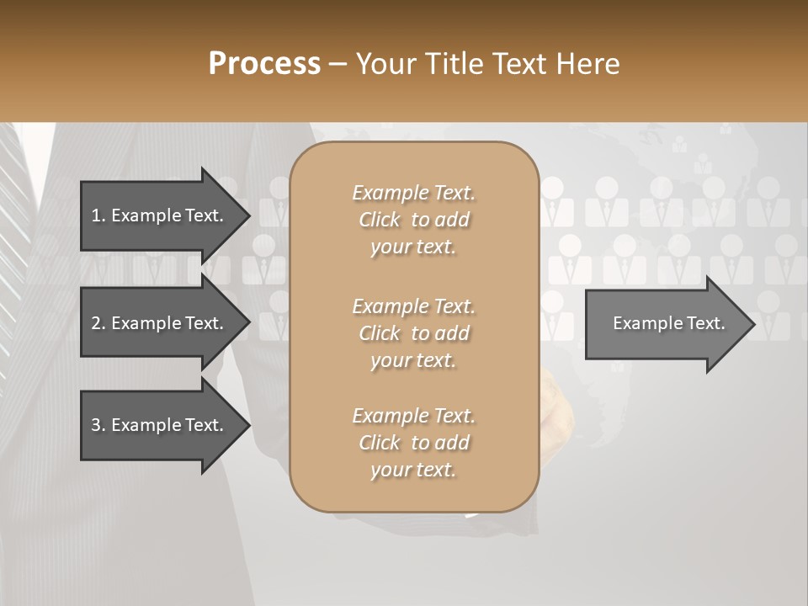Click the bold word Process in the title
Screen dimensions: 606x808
264,63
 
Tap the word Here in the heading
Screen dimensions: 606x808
588,63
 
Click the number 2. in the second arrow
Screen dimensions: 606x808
98,323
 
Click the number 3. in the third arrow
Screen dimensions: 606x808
98,425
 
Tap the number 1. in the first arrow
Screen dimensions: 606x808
98,215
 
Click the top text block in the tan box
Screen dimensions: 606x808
413,220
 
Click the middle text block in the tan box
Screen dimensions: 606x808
413,332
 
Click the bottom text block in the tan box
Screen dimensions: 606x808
413,443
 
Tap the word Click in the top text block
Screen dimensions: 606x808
380,220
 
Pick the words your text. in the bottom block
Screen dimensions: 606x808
413,470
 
